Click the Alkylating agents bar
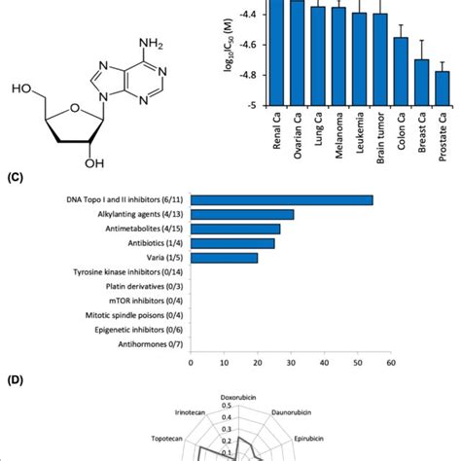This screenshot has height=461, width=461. click(242, 214)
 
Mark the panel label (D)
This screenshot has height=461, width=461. click(14, 393)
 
